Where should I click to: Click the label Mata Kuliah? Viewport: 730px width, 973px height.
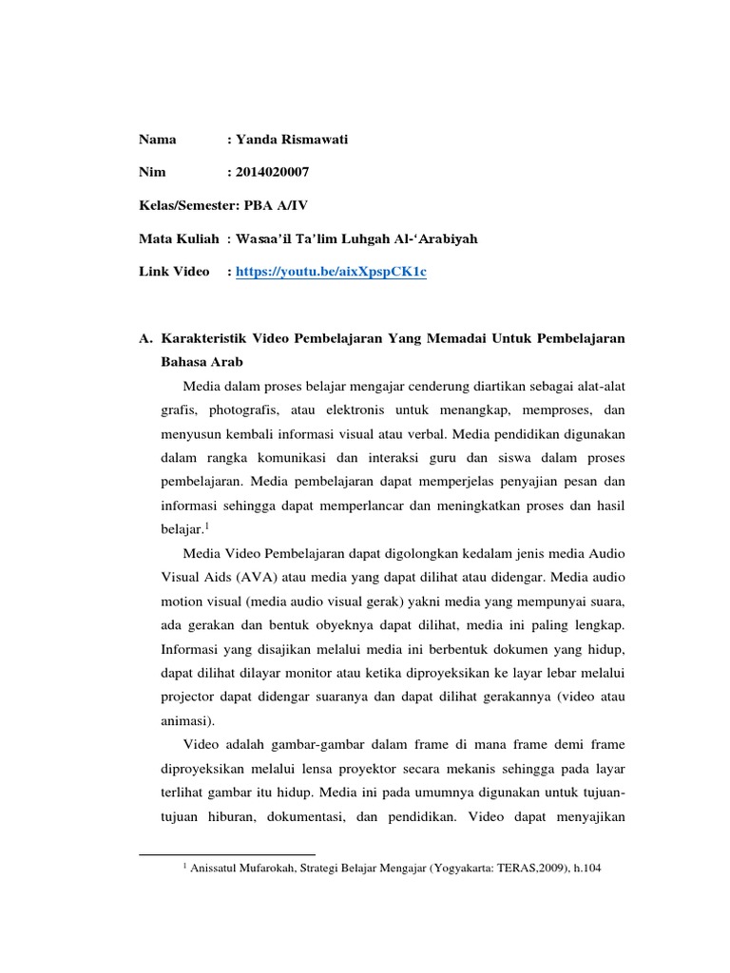pyautogui.click(x=179, y=238)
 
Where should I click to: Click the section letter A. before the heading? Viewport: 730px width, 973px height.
pyautogui.click(x=145, y=338)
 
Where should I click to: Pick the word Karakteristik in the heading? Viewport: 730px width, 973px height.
pyautogui.click(x=206, y=338)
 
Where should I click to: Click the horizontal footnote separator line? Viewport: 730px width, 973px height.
pyautogui.click(x=227, y=854)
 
